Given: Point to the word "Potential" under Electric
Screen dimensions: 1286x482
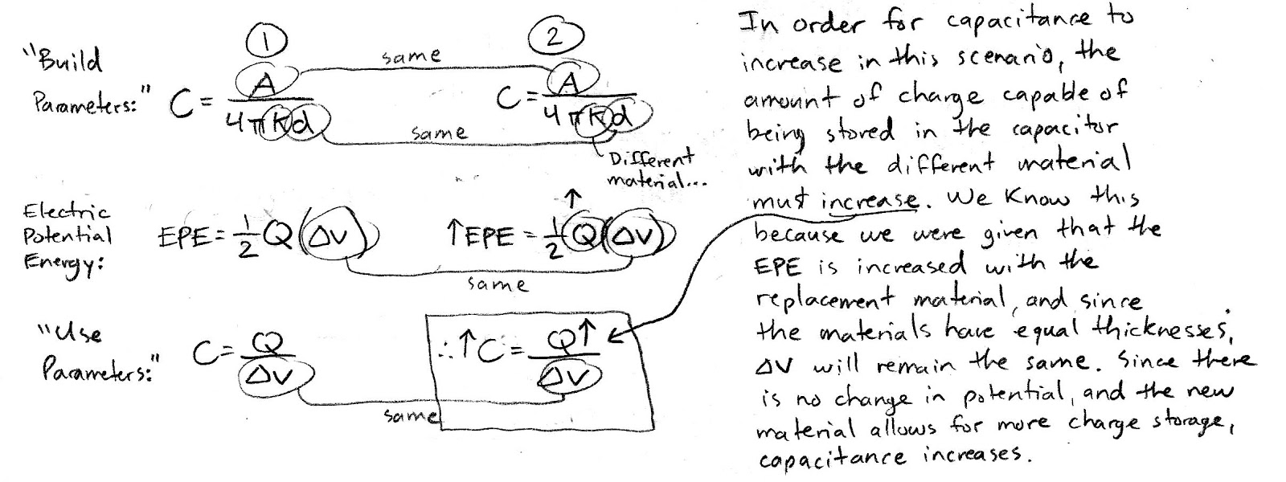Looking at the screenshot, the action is (68, 236).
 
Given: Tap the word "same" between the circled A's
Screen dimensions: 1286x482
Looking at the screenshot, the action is (412, 55).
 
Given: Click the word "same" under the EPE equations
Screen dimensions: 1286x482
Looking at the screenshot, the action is (497, 284).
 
